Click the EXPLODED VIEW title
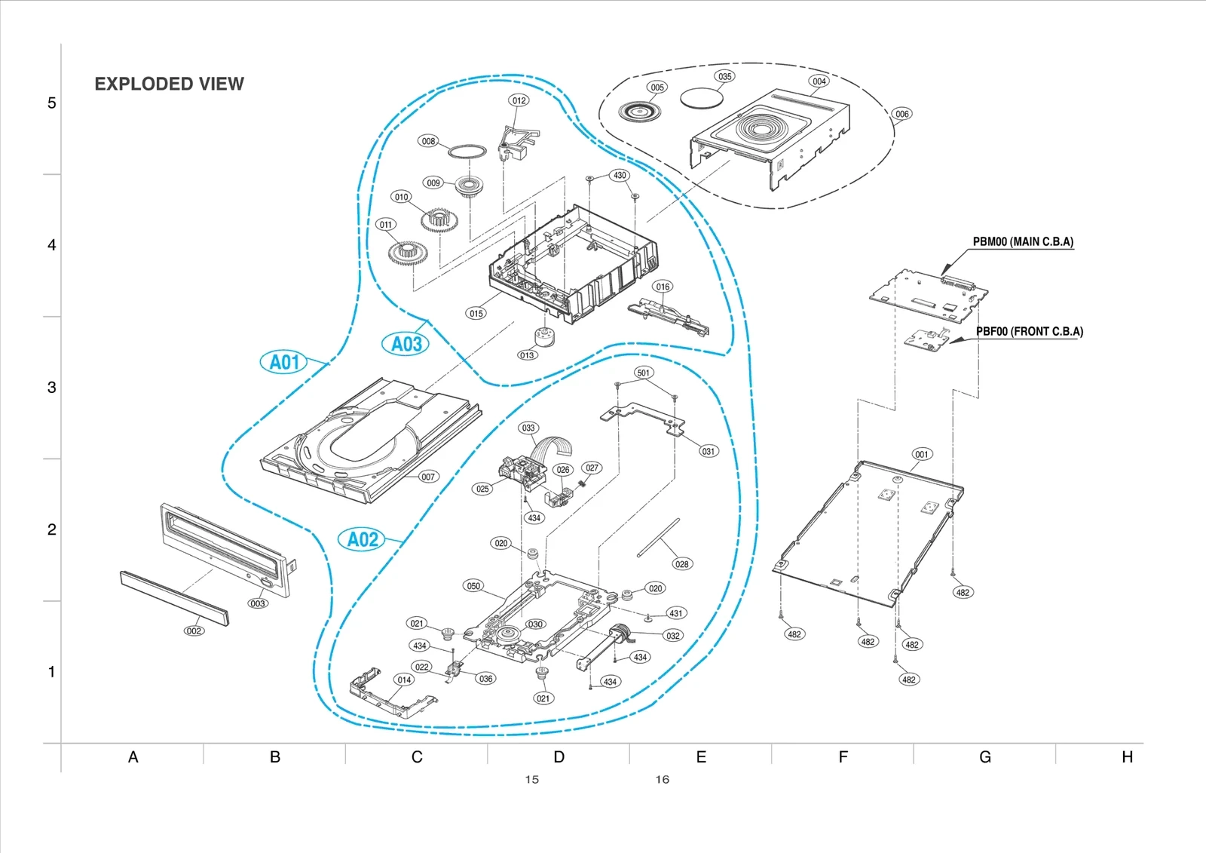pos(169,84)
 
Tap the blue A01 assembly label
pos(284,362)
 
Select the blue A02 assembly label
pos(363,539)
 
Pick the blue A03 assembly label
pos(406,344)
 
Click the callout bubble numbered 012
pos(519,100)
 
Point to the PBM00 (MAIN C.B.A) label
pos(1023,242)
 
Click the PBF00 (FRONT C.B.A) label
pos(1030,332)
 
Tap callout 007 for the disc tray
pos(428,477)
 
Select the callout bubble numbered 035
pos(724,76)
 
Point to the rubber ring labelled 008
pos(467,152)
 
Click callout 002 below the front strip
pos(194,631)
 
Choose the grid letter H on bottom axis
pos(1127,757)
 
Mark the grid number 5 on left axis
pos(51,103)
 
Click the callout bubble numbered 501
pos(643,373)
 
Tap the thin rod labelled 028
pos(658,538)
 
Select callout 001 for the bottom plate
pos(922,454)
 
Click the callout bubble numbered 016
pos(663,287)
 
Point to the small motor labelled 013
pos(543,338)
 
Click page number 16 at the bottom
pos(662,780)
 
